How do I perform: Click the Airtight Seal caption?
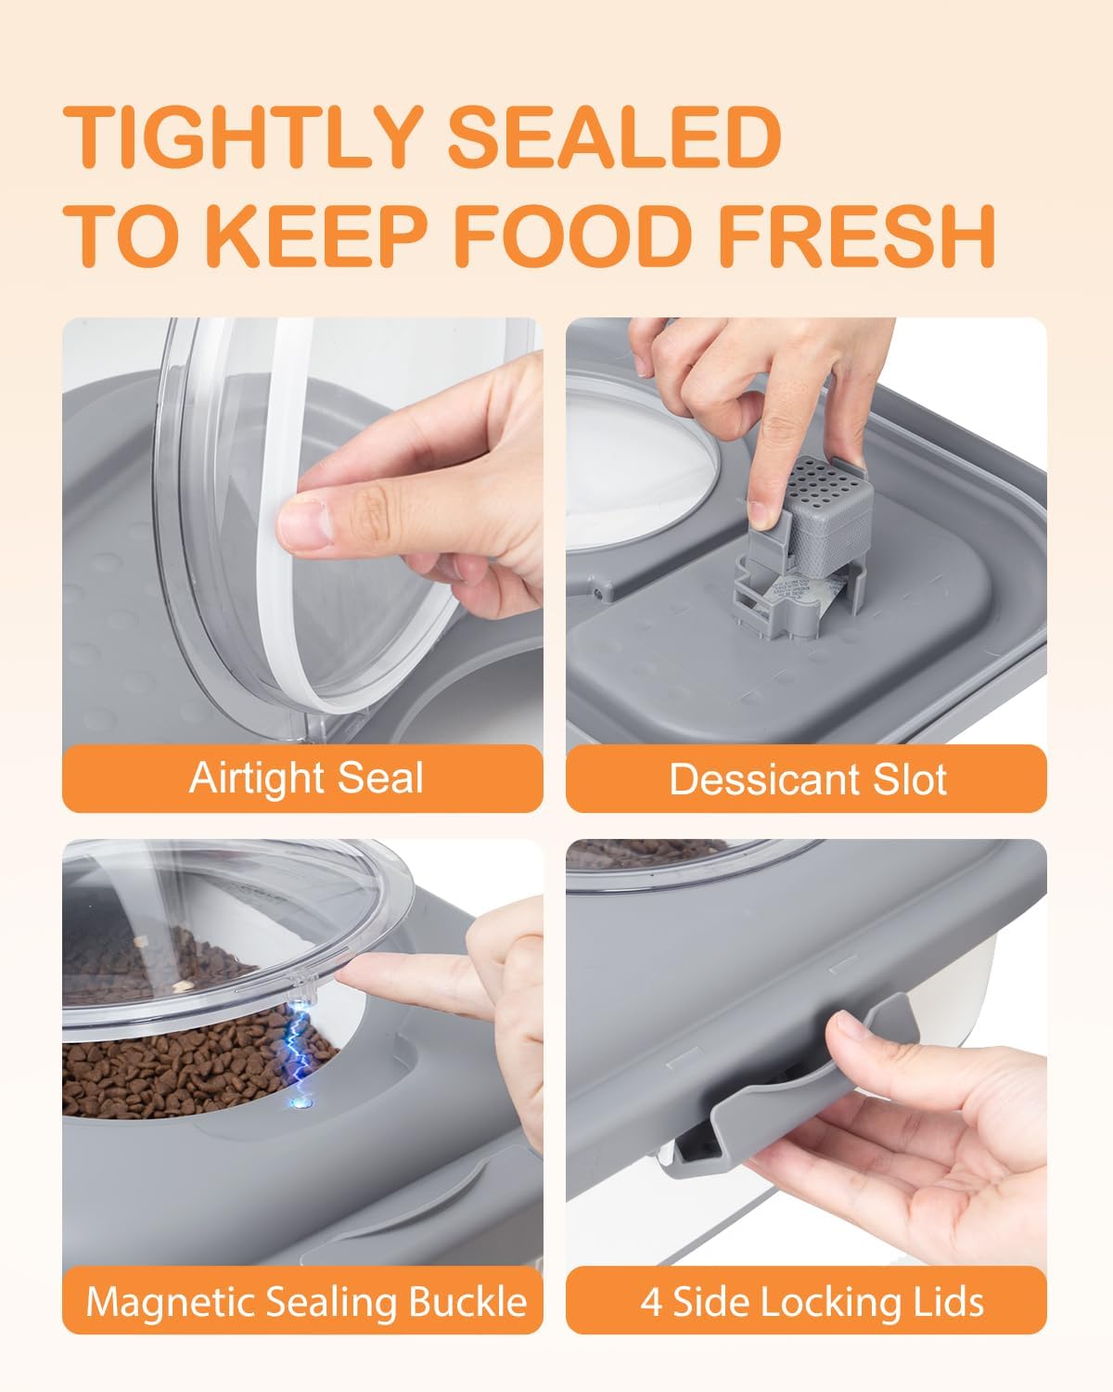click(x=306, y=778)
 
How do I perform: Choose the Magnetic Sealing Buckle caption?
click(x=306, y=1302)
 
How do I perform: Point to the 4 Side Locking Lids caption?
click(x=812, y=1302)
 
